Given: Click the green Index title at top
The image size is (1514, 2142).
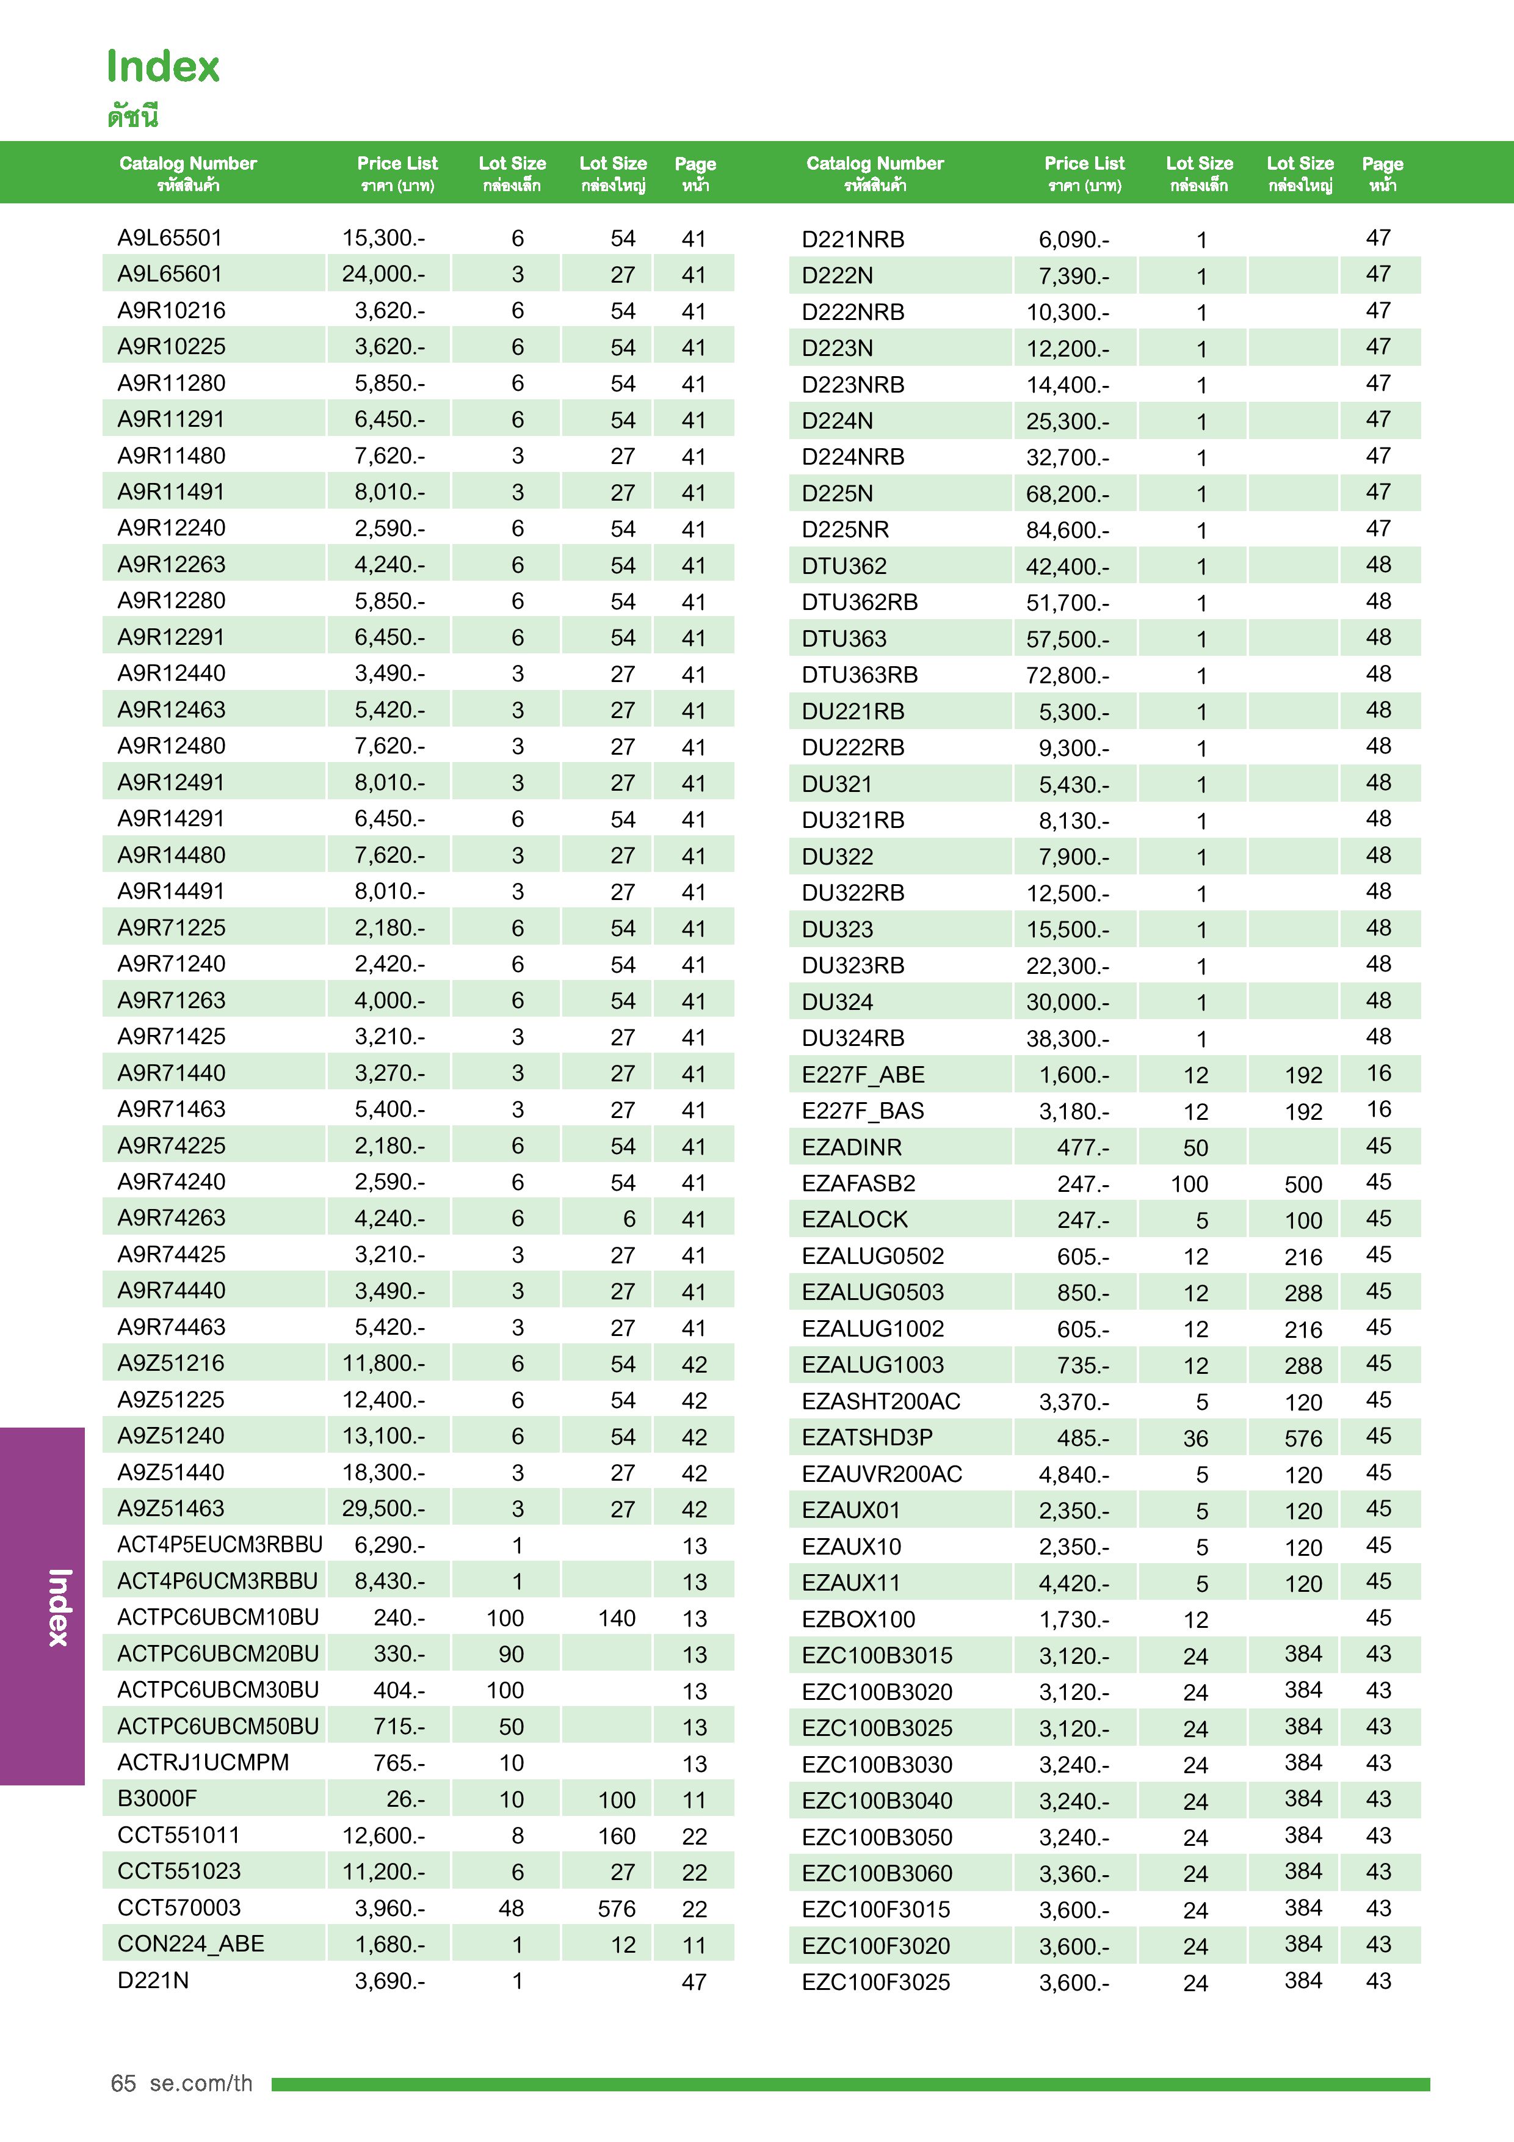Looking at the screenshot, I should pos(163,67).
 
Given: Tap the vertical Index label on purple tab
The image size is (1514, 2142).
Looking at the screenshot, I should pos(59,1606).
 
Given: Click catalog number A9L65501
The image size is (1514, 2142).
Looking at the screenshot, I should pos(170,238).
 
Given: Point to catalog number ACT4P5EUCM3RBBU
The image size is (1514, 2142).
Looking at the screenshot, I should pos(219,1545).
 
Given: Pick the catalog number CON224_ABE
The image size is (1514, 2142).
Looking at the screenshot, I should pos(190,1944).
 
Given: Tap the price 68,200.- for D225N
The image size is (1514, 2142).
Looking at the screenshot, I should pos(1067,493).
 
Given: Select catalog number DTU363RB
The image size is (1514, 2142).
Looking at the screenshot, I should pos(859,675).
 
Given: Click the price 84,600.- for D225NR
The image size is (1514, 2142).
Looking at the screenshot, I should pos(1067,530).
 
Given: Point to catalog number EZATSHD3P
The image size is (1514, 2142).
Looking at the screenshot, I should pos(867,1437).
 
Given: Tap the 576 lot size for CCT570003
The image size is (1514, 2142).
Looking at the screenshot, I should pos(616,1909).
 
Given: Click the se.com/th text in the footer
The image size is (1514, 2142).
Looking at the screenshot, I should pos(201,2084).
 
